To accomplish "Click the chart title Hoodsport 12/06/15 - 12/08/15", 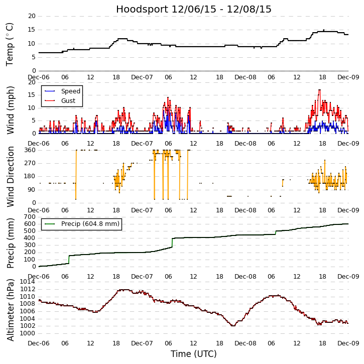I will point(194,9).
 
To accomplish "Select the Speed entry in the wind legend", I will point(70,91).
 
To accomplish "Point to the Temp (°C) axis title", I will point(10,44).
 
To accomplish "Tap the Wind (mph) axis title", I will point(10,109).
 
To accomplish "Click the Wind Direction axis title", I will point(10,177).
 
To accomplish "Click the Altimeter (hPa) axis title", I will point(10,310).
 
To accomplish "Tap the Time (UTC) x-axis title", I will point(194,354).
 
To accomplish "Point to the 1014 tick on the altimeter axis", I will point(28,282).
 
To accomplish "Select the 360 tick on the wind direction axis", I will point(30,150).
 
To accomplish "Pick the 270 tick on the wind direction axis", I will point(30,163).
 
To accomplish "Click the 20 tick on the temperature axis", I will point(32,16).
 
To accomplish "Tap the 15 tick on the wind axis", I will point(32,95).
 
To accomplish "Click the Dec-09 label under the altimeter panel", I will point(348,343).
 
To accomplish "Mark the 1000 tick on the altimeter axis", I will point(28,333).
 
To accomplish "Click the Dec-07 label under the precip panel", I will point(142,277).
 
